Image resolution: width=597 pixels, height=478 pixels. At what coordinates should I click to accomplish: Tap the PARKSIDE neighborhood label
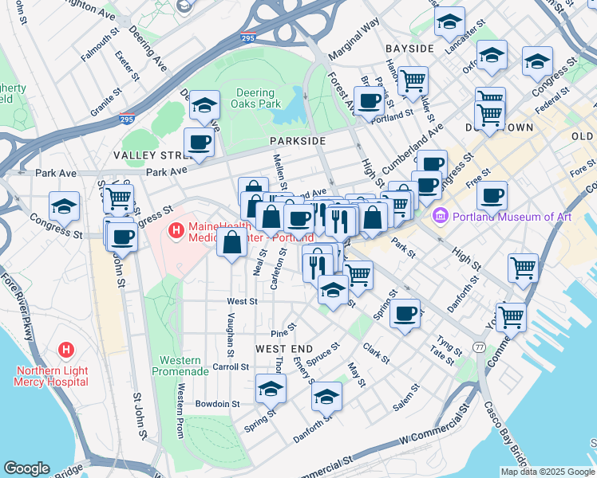coord(297,140)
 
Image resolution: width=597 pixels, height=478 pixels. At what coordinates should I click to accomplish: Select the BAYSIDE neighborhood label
coord(409,49)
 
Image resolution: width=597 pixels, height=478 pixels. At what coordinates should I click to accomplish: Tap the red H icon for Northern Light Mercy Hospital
coord(66,350)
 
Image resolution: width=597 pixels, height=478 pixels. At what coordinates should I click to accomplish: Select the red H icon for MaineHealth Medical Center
coord(176,231)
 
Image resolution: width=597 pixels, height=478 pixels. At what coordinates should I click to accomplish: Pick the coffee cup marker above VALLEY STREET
coord(199,143)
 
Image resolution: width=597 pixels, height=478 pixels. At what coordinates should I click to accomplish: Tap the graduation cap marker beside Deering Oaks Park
coord(205,105)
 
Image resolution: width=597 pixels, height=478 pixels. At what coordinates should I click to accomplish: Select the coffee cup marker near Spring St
coord(406,311)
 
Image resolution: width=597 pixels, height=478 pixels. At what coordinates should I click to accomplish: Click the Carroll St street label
coord(231,367)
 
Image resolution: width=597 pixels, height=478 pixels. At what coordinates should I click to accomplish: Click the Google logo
coord(27,468)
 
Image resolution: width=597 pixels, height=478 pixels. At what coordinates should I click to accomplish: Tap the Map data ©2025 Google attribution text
coord(548,471)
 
